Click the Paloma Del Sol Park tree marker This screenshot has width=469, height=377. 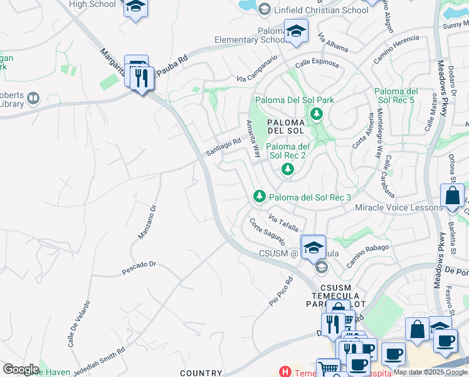[x=317, y=114]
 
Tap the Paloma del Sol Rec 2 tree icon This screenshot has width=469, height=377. [x=287, y=169]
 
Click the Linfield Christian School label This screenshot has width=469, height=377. [x=320, y=10]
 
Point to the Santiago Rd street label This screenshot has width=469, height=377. [x=224, y=148]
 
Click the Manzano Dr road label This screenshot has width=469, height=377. [x=146, y=221]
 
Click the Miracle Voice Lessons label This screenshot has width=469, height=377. [x=399, y=207]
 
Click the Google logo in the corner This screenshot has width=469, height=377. [x=21, y=369]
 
